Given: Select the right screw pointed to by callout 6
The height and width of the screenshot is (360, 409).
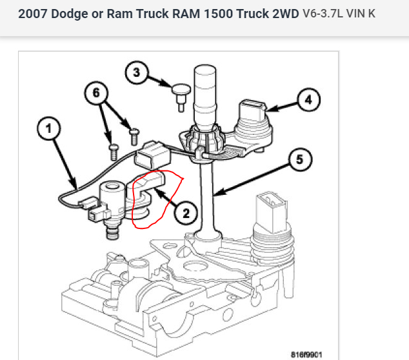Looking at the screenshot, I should (134, 135).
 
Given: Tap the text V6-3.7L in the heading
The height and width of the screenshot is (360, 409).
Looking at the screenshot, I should (324, 14).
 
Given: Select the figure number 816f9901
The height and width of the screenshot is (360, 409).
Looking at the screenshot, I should (306, 354).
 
